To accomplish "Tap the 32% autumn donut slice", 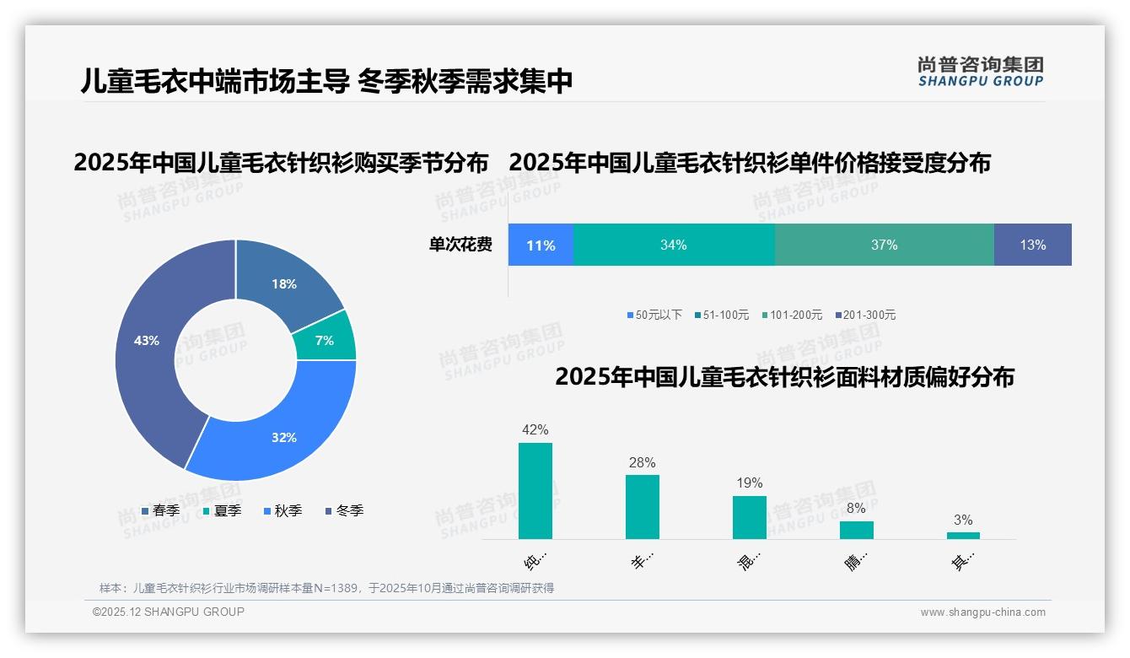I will tap(282, 437).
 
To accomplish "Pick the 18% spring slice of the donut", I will tap(284, 283).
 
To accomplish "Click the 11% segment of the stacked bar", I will tap(541, 245).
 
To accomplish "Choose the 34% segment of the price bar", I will tap(673, 245).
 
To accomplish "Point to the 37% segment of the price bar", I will tap(884, 245).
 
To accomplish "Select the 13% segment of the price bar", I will tap(1032, 245).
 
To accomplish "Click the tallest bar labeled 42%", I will tap(535, 491).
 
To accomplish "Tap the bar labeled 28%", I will tap(642, 506).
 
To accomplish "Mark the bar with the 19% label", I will tap(749, 517).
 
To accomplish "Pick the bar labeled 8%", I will tap(856, 530).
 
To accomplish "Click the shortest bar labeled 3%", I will tap(963, 535).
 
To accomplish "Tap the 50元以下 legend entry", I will tap(654, 315).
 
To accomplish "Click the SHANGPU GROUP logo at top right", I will tap(980, 71).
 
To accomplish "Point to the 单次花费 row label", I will tap(460, 245).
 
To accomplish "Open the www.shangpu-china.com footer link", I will tap(982, 612).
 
